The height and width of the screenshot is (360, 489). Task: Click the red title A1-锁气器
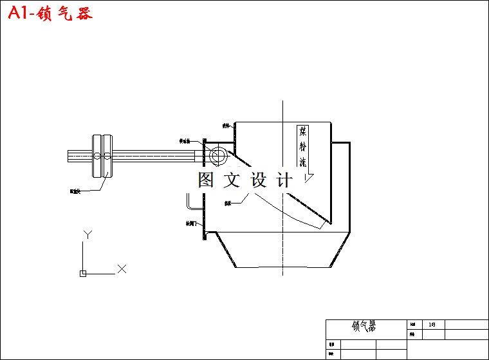[50, 14]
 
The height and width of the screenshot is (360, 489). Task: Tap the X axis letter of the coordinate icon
[122, 269]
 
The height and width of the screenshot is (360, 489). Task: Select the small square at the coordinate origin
[83, 274]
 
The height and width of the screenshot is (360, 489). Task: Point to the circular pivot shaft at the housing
[217, 156]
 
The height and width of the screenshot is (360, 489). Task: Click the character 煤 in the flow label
[303, 131]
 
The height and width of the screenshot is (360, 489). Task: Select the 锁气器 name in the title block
[364, 327]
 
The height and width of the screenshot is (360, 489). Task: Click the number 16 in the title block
[432, 325]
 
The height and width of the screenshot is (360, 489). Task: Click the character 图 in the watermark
[206, 180]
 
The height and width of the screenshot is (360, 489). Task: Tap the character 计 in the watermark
[284, 180]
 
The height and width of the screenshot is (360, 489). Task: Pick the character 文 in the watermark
[232, 180]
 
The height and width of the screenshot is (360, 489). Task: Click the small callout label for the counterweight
[75, 191]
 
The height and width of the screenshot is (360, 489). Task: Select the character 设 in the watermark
[258, 180]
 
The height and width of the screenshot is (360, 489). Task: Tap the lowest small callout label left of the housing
[191, 224]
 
